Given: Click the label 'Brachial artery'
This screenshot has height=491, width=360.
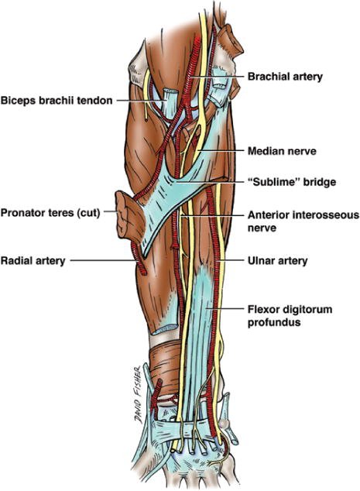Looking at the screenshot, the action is point(285,77).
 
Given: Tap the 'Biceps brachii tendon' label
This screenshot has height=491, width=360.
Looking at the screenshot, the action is point(57,101).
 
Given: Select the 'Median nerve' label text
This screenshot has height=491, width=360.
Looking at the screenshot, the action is point(282,151).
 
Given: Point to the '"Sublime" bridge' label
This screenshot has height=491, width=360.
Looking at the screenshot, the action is point(292,182).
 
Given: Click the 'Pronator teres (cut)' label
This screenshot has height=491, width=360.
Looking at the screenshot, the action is point(50,213).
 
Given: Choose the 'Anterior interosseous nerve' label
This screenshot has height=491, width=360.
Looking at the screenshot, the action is point(303,221).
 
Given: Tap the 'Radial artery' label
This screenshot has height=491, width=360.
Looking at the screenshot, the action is point(33,260).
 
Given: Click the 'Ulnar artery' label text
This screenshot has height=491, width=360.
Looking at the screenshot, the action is point(277,260).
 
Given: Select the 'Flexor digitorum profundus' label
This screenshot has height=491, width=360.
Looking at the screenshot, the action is point(290,316).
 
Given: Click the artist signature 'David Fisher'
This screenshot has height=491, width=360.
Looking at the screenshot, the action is point(139,395).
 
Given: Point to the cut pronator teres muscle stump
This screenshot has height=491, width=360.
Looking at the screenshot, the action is point(129,217).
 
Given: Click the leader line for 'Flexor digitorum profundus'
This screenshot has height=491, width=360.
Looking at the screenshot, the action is point(226,309).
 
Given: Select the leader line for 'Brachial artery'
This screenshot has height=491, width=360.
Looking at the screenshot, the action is point(218,76).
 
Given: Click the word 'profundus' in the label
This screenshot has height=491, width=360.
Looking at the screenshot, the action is point(274,322).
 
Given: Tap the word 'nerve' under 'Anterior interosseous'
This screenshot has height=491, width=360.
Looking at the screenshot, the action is point(262,228).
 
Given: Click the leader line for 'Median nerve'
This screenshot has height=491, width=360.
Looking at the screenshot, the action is point(220,150).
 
